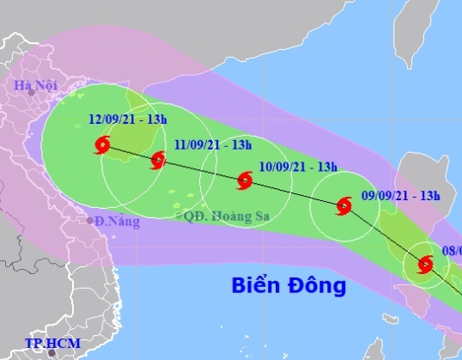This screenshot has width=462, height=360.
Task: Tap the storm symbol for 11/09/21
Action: tap(158, 161)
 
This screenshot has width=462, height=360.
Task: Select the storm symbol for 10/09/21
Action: tap(245, 180)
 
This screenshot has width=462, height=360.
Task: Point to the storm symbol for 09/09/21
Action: tap(344, 205)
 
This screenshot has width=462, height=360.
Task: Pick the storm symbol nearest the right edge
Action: tap(424, 264)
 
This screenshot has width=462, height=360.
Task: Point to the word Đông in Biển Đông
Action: tap(317, 284)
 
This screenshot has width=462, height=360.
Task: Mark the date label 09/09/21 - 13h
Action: tap(401, 194)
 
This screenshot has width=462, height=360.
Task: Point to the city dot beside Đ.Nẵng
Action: tap(89, 220)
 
